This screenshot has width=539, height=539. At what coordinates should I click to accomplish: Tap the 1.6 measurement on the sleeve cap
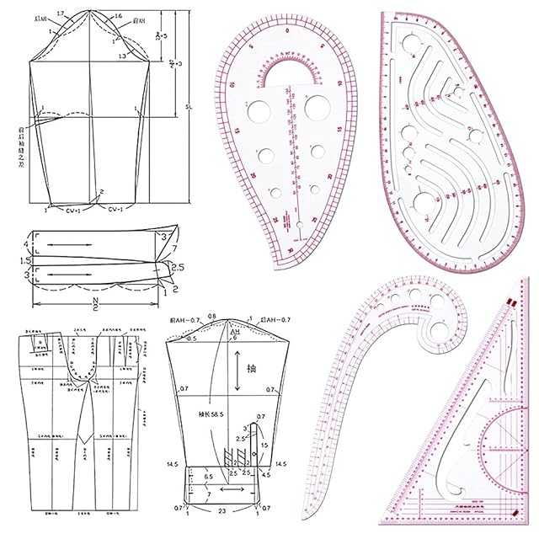[117, 15]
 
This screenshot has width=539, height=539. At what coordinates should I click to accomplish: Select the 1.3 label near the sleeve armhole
[124, 56]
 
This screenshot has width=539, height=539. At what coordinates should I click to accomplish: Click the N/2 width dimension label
[94, 300]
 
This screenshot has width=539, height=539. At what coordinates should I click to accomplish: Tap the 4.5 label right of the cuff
[266, 476]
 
